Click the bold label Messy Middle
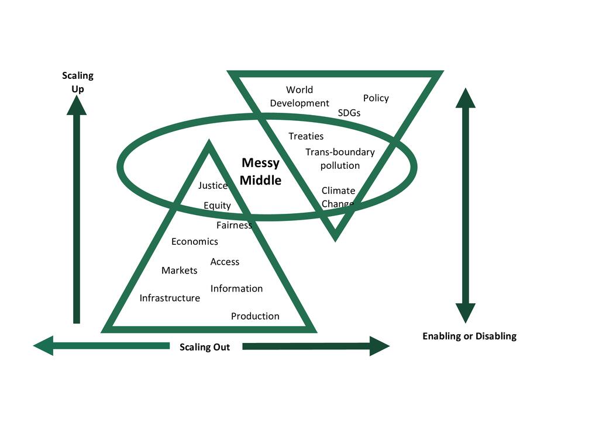click(x=260, y=172)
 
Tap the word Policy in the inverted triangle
click(x=376, y=98)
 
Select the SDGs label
click(x=349, y=113)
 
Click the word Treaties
click(x=306, y=136)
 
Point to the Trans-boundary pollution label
click(x=340, y=159)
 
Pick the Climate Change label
click(x=338, y=197)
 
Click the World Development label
click(x=299, y=96)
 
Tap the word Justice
click(x=212, y=186)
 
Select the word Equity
click(x=217, y=206)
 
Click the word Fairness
click(x=234, y=225)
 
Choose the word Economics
click(x=194, y=241)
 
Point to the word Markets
click(x=179, y=271)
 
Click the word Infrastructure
click(x=170, y=298)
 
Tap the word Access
click(x=225, y=262)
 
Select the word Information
click(x=236, y=289)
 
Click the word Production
click(x=255, y=316)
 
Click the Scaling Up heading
click(x=77, y=82)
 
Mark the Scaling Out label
click(x=205, y=347)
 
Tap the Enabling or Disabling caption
click(x=469, y=336)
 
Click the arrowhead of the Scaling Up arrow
click(x=77, y=106)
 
